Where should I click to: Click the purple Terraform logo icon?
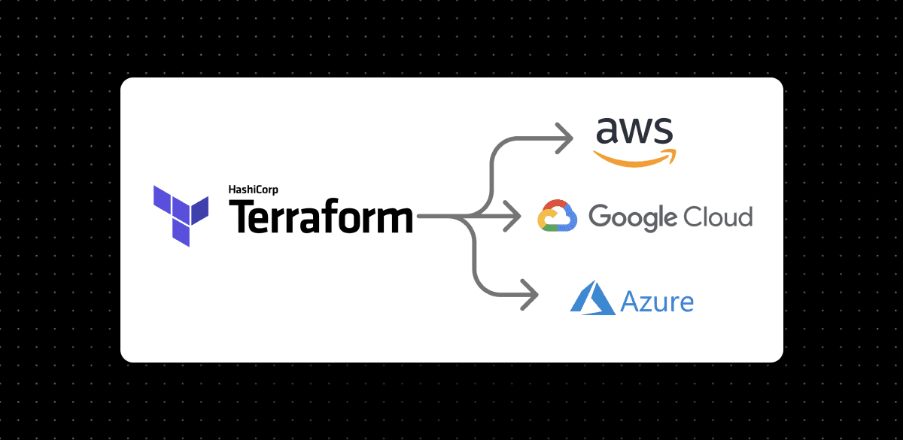[181, 214]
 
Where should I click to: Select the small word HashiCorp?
[253, 190]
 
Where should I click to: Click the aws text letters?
[634, 131]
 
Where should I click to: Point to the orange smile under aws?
[634, 156]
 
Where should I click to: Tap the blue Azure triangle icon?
[593, 298]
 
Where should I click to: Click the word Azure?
[657, 302]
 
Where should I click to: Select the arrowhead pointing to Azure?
[530, 294]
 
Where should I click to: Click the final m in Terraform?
[394, 220]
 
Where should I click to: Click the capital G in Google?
[599, 217]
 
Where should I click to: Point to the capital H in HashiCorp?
[232, 190]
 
